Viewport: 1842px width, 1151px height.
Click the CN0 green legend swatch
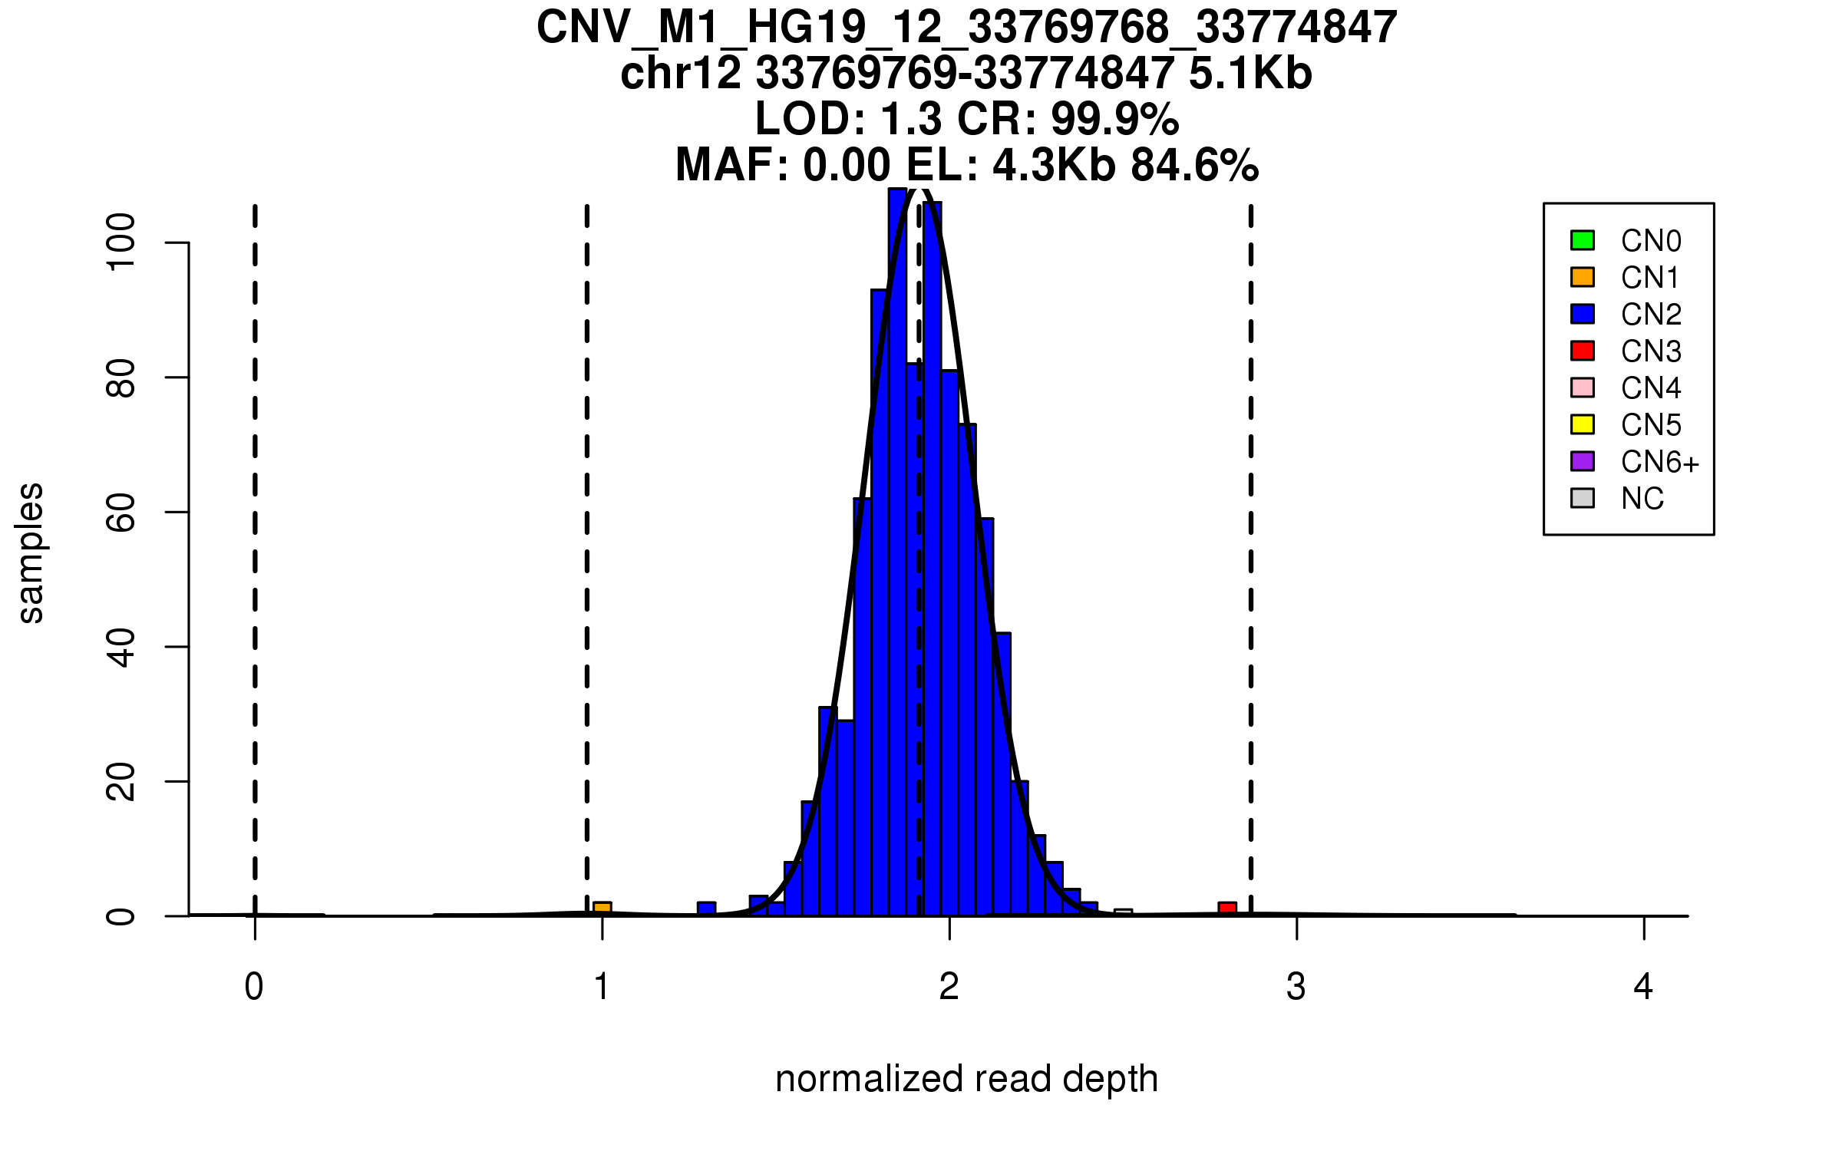[1583, 240]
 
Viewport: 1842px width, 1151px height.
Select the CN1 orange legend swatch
[1583, 277]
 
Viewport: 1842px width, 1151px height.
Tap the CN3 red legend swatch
[1583, 351]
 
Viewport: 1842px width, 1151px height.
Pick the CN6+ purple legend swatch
[1583, 461]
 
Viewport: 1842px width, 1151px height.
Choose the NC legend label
[1642, 499]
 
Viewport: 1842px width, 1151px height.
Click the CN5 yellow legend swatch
[1583, 424]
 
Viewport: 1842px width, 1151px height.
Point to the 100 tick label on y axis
[120, 242]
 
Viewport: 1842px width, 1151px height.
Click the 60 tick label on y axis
[120, 512]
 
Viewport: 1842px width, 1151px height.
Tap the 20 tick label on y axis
[120, 781]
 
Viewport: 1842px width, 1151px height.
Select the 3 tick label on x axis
[1296, 987]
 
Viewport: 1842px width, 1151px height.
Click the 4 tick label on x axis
[1643, 987]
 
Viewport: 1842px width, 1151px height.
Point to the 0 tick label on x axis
[254, 987]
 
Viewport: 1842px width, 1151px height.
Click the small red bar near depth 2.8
[1227, 909]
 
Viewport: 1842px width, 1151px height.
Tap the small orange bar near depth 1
[602, 909]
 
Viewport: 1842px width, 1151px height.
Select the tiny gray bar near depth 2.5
[1123, 912]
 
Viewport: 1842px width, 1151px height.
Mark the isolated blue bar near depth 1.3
[706, 909]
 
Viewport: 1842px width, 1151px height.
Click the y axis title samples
[31, 552]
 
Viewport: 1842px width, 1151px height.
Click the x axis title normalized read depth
[966, 1079]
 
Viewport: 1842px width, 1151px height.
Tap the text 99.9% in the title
[1114, 119]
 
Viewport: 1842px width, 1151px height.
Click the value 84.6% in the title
[1195, 165]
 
